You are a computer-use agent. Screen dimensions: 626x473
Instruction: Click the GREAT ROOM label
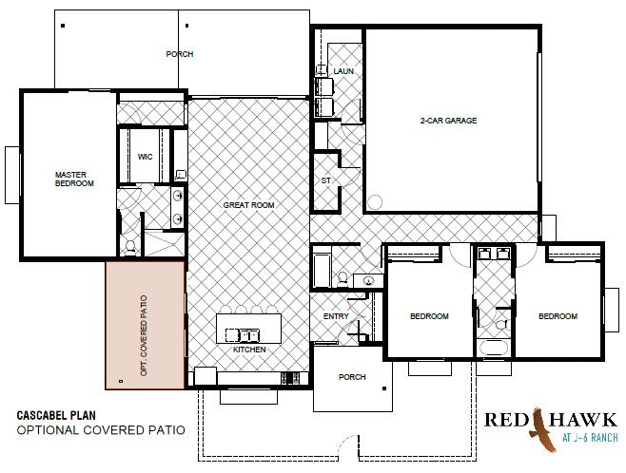pyautogui.click(x=248, y=205)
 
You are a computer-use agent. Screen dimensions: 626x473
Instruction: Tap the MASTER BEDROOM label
pyautogui.click(x=74, y=179)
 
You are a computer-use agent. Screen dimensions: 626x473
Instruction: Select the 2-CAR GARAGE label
pyautogui.click(x=448, y=121)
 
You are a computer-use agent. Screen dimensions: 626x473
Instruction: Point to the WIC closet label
pyautogui.click(x=145, y=157)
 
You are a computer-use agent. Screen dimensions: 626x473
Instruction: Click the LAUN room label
pyautogui.click(x=343, y=71)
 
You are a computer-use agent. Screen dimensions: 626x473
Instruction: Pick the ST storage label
pyautogui.click(x=325, y=180)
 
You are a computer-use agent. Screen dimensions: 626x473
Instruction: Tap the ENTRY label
pyautogui.click(x=336, y=316)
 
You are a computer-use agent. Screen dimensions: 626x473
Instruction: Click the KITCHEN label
pyautogui.click(x=249, y=350)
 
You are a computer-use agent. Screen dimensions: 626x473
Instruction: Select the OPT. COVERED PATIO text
pyautogui.click(x=144, y=335)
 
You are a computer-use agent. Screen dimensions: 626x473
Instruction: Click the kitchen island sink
pyautogui.click(x=243, y=335)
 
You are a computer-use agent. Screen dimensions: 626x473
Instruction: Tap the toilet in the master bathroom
pyautogui.click(x=130, y=248)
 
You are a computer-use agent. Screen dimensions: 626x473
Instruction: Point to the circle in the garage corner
pyautogui.click(x=375, y=202)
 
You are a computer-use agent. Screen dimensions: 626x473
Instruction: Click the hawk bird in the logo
pyautogui.click(x=542, y=430)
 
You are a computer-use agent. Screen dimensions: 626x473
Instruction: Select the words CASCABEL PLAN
pyautogui.click(x=56, y=416)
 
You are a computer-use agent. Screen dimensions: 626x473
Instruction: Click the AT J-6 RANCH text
pyautogui.click(x=590, y=438)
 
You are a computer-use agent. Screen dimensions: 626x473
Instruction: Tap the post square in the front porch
pyautogui.click(x=384, y=388)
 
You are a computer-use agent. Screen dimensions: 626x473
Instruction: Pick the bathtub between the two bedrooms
pyautogui.click(x=494, y=348)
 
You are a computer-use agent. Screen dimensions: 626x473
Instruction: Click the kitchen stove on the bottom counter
pyautogui.click(x=290, y=379)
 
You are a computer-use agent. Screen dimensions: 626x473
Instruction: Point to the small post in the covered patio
pyautogui.click(x=121, y=382)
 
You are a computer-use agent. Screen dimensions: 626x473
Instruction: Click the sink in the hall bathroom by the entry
pyautogui.click(x=367, y=281)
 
